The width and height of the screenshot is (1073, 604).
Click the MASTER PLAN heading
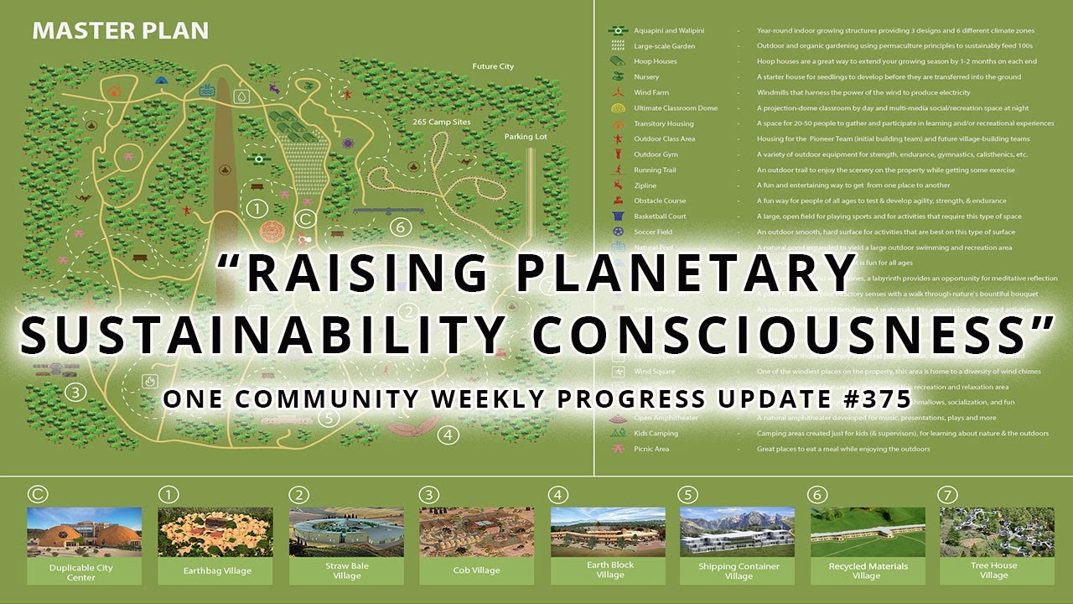tap(120, 32)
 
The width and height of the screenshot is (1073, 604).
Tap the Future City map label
tap(493, 66)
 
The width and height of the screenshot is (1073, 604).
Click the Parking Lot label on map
tap(526, 136)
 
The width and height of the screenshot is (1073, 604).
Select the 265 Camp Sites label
tap(441, 122)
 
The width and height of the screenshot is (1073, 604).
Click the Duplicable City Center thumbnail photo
tap(84, 532)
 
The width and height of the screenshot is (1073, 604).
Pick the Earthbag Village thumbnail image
tap(215, 532)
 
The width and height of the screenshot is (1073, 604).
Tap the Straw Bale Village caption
tap(346, 570)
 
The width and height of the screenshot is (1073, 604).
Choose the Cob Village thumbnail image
tap(476, 532)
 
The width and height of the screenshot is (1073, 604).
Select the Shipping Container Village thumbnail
tap(738, 532)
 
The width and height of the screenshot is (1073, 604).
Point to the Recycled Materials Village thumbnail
tap(868, 532)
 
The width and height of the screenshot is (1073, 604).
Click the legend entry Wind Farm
tap(651, 93)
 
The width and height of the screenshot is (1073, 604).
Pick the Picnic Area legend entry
tap(651, 449)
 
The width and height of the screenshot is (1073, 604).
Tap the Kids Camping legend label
tap(656, 434)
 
